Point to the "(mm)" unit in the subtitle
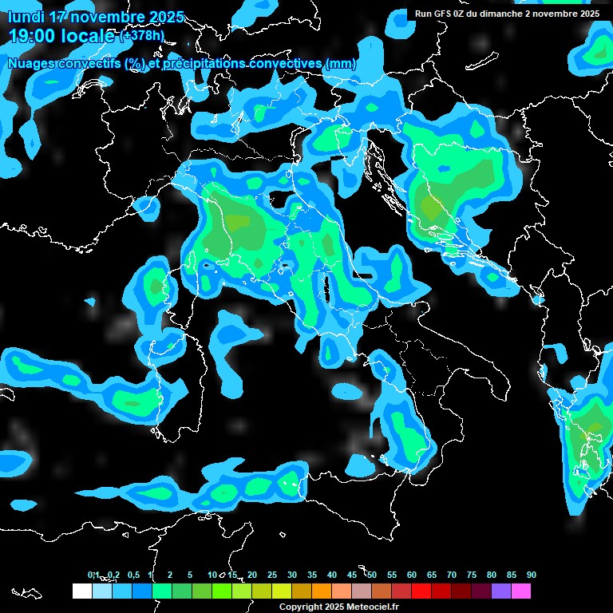(340, 64)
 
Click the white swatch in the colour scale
(81, 591)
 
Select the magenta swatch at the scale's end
(521, 591)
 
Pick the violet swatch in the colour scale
(501, 591)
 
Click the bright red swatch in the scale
(421, 591)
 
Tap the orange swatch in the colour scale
(321, 591)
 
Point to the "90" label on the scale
(532, 575)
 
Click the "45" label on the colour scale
(352, 575)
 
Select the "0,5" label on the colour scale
(132, 575)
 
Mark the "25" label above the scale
(272, 575)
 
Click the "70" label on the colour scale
(452, 575)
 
